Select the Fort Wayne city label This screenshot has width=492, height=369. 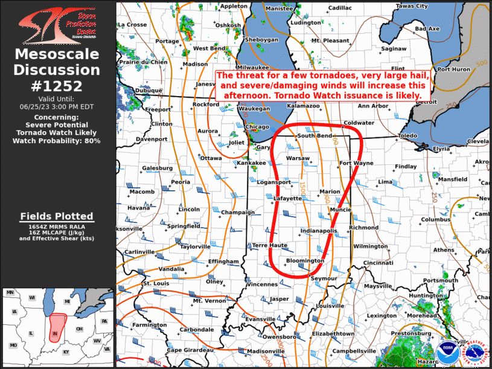[356, 163]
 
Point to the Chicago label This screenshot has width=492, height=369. [258, 126]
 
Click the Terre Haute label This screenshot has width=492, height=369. [269, 245]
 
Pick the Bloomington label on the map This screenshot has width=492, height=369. [304, 261]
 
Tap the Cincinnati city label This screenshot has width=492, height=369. [379, 263]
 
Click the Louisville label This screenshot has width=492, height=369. [330, 306]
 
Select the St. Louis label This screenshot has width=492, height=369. [155, 283]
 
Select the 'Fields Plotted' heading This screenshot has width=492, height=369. [57, 216]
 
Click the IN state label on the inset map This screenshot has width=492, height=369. [56, 333]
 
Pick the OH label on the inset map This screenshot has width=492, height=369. [78, 329]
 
